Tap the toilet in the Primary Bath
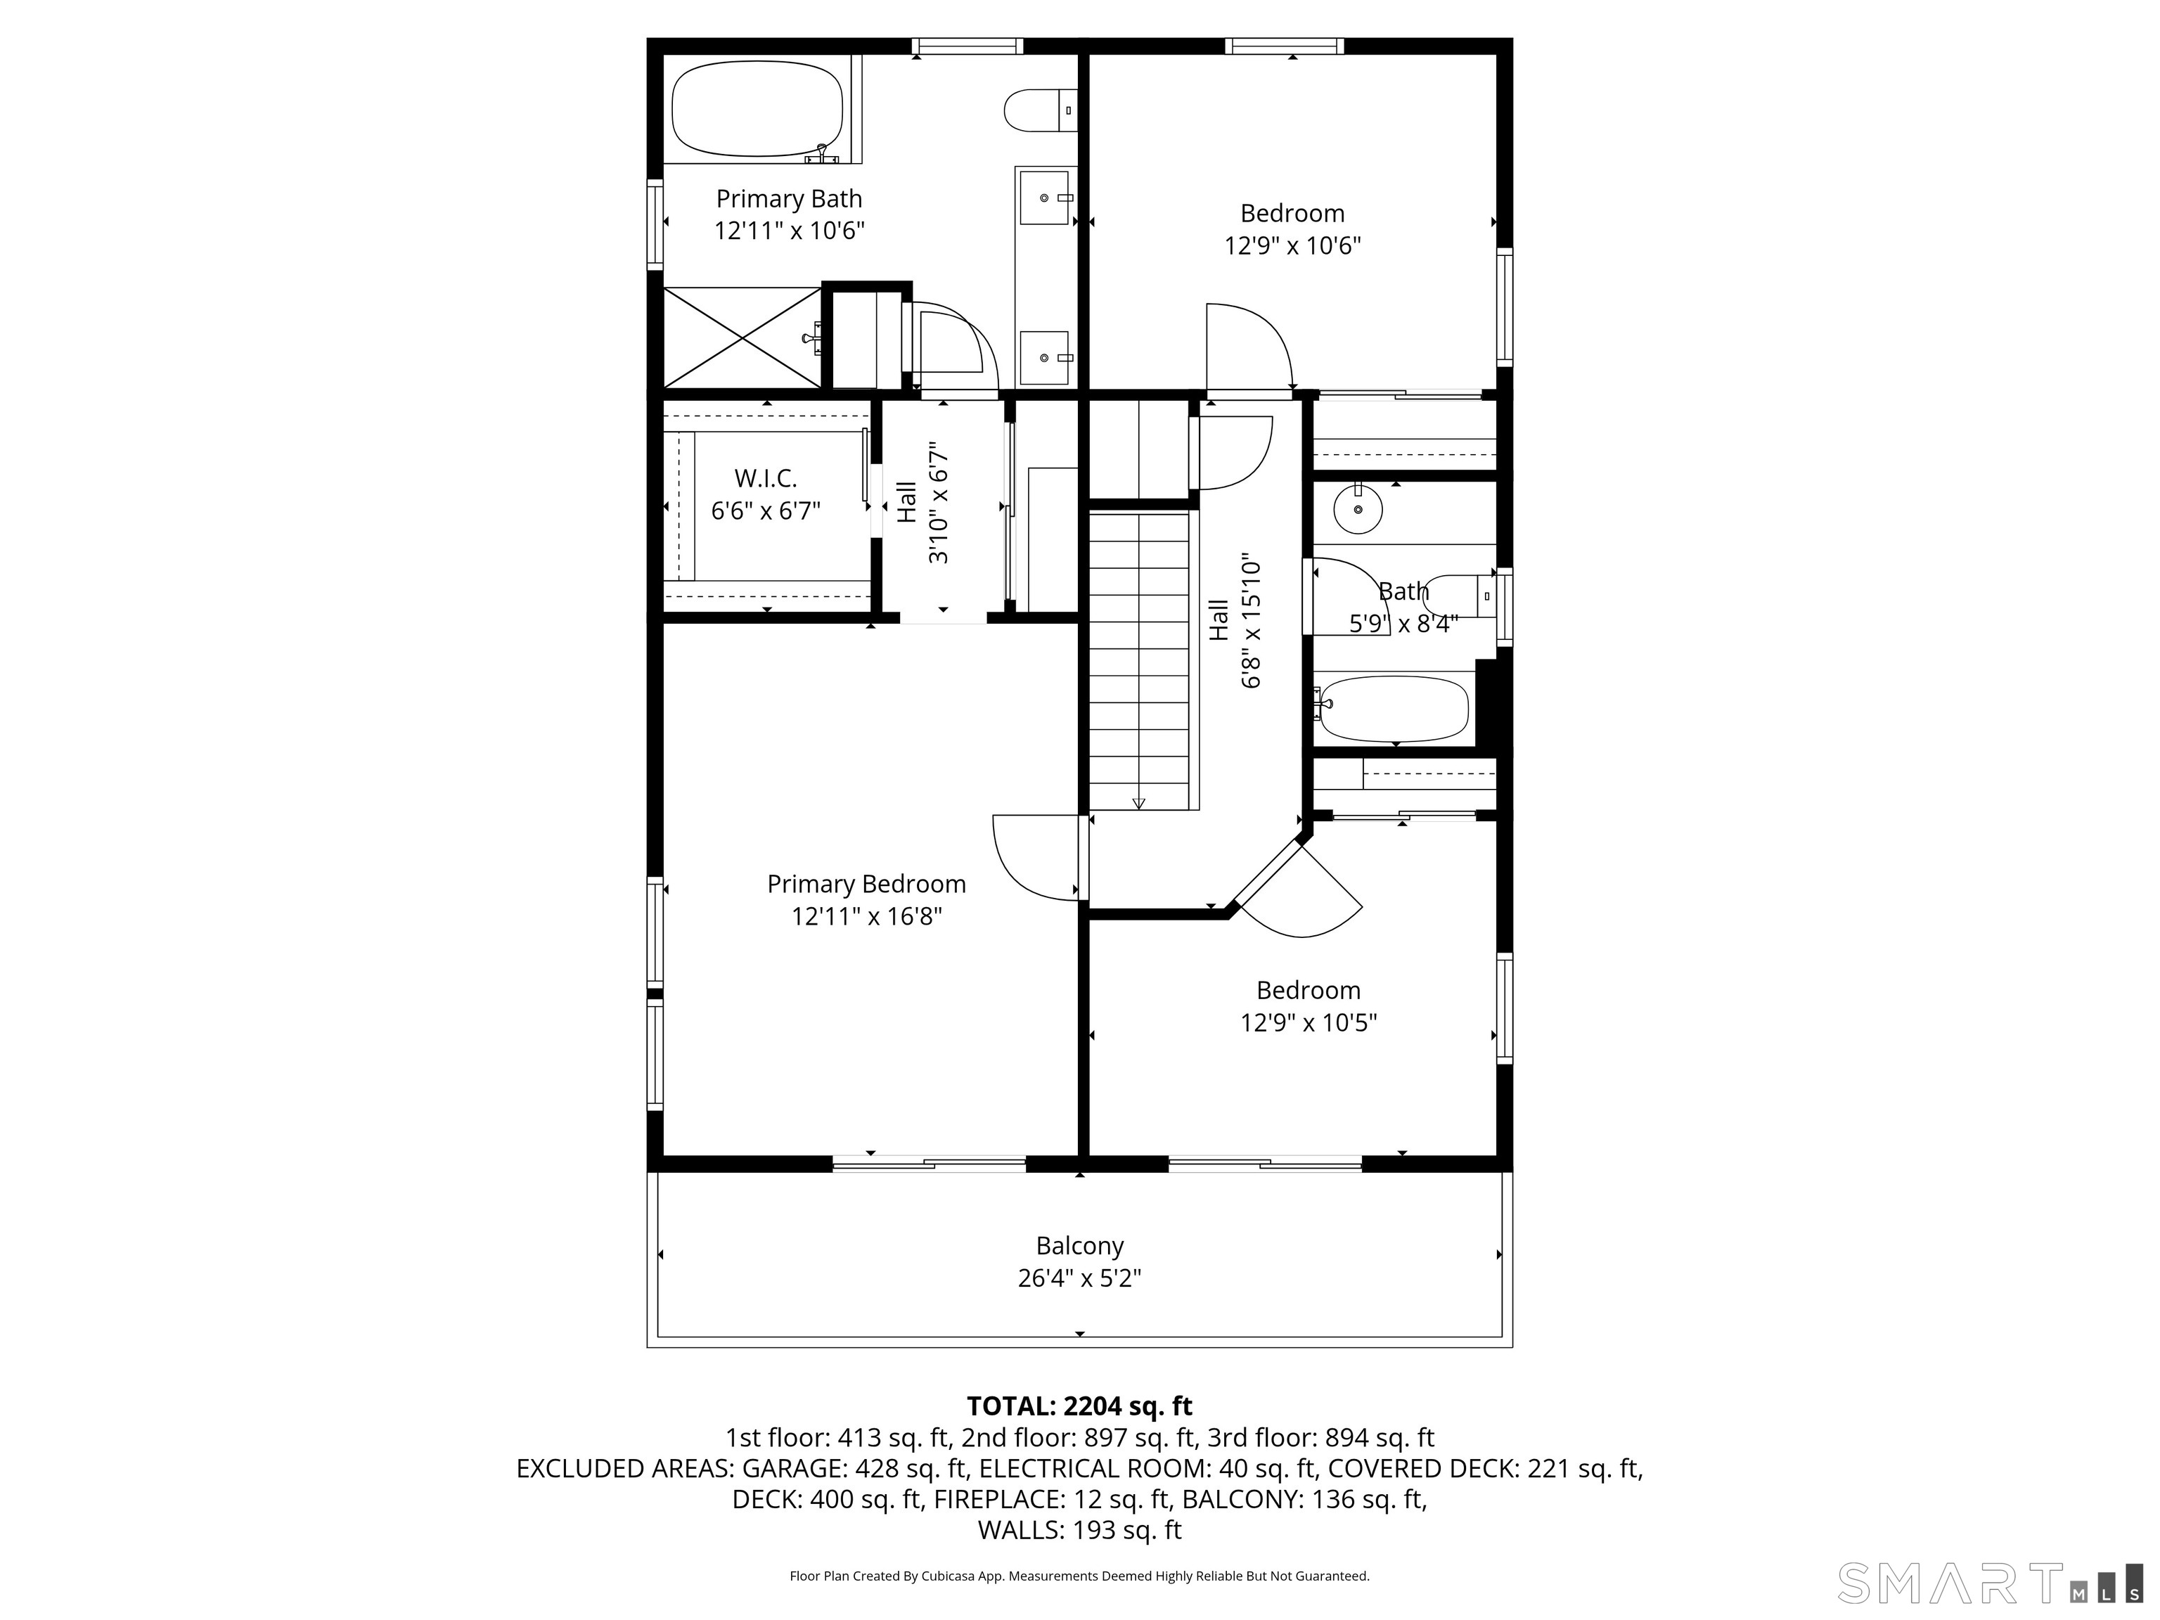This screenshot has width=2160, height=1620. click(1040, 110)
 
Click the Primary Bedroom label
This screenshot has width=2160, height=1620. click(866, 884)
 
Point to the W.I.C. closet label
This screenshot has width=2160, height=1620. click(766, 479)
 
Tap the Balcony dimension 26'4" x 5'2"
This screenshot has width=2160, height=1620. click(1079, 1278)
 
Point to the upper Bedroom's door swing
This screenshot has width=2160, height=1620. click(1251, 347)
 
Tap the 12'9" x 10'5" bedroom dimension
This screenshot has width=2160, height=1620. click(1309, 1022)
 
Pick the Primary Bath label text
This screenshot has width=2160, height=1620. click(789, 198)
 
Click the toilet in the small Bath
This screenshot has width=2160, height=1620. click(1465, 596)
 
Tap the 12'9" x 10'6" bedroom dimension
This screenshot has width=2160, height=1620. click(1293, 245)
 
